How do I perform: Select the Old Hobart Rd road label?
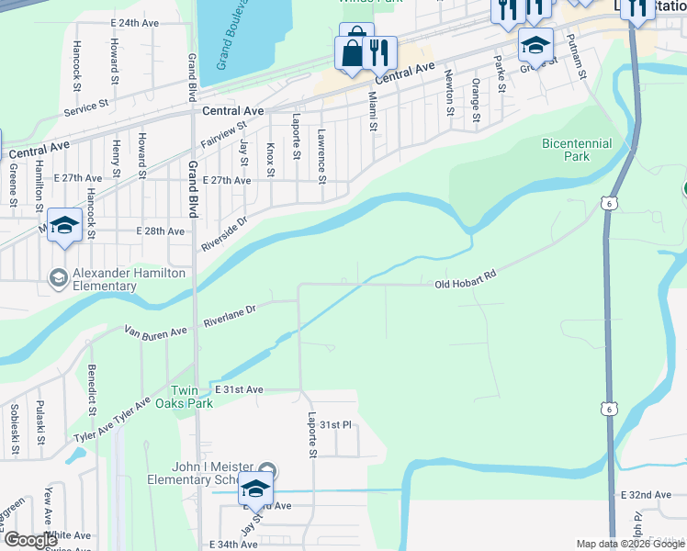coord(465,286)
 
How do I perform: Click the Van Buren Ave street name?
coord(155,330)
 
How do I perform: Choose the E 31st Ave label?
coord(238,389)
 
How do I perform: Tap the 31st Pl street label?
coord(336,424)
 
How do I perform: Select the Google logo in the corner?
coord(30,540)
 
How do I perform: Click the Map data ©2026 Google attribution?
coord(629,544)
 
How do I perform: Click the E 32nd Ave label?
coord(646,495)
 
